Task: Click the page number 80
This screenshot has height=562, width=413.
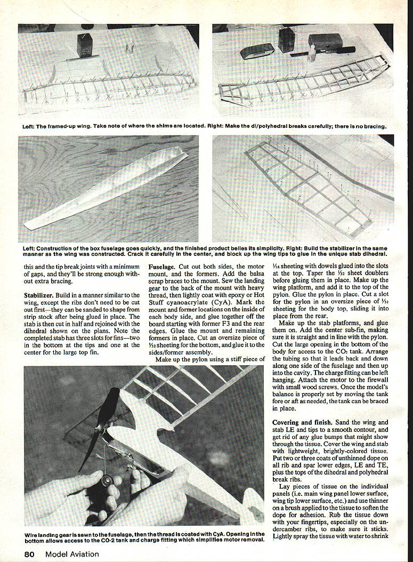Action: tap(31, 554)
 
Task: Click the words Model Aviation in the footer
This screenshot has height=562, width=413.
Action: tap(72, 554)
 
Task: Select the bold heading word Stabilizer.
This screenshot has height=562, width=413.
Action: tap(41, 294)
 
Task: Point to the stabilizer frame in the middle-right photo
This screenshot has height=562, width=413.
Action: tap(309, 187)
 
